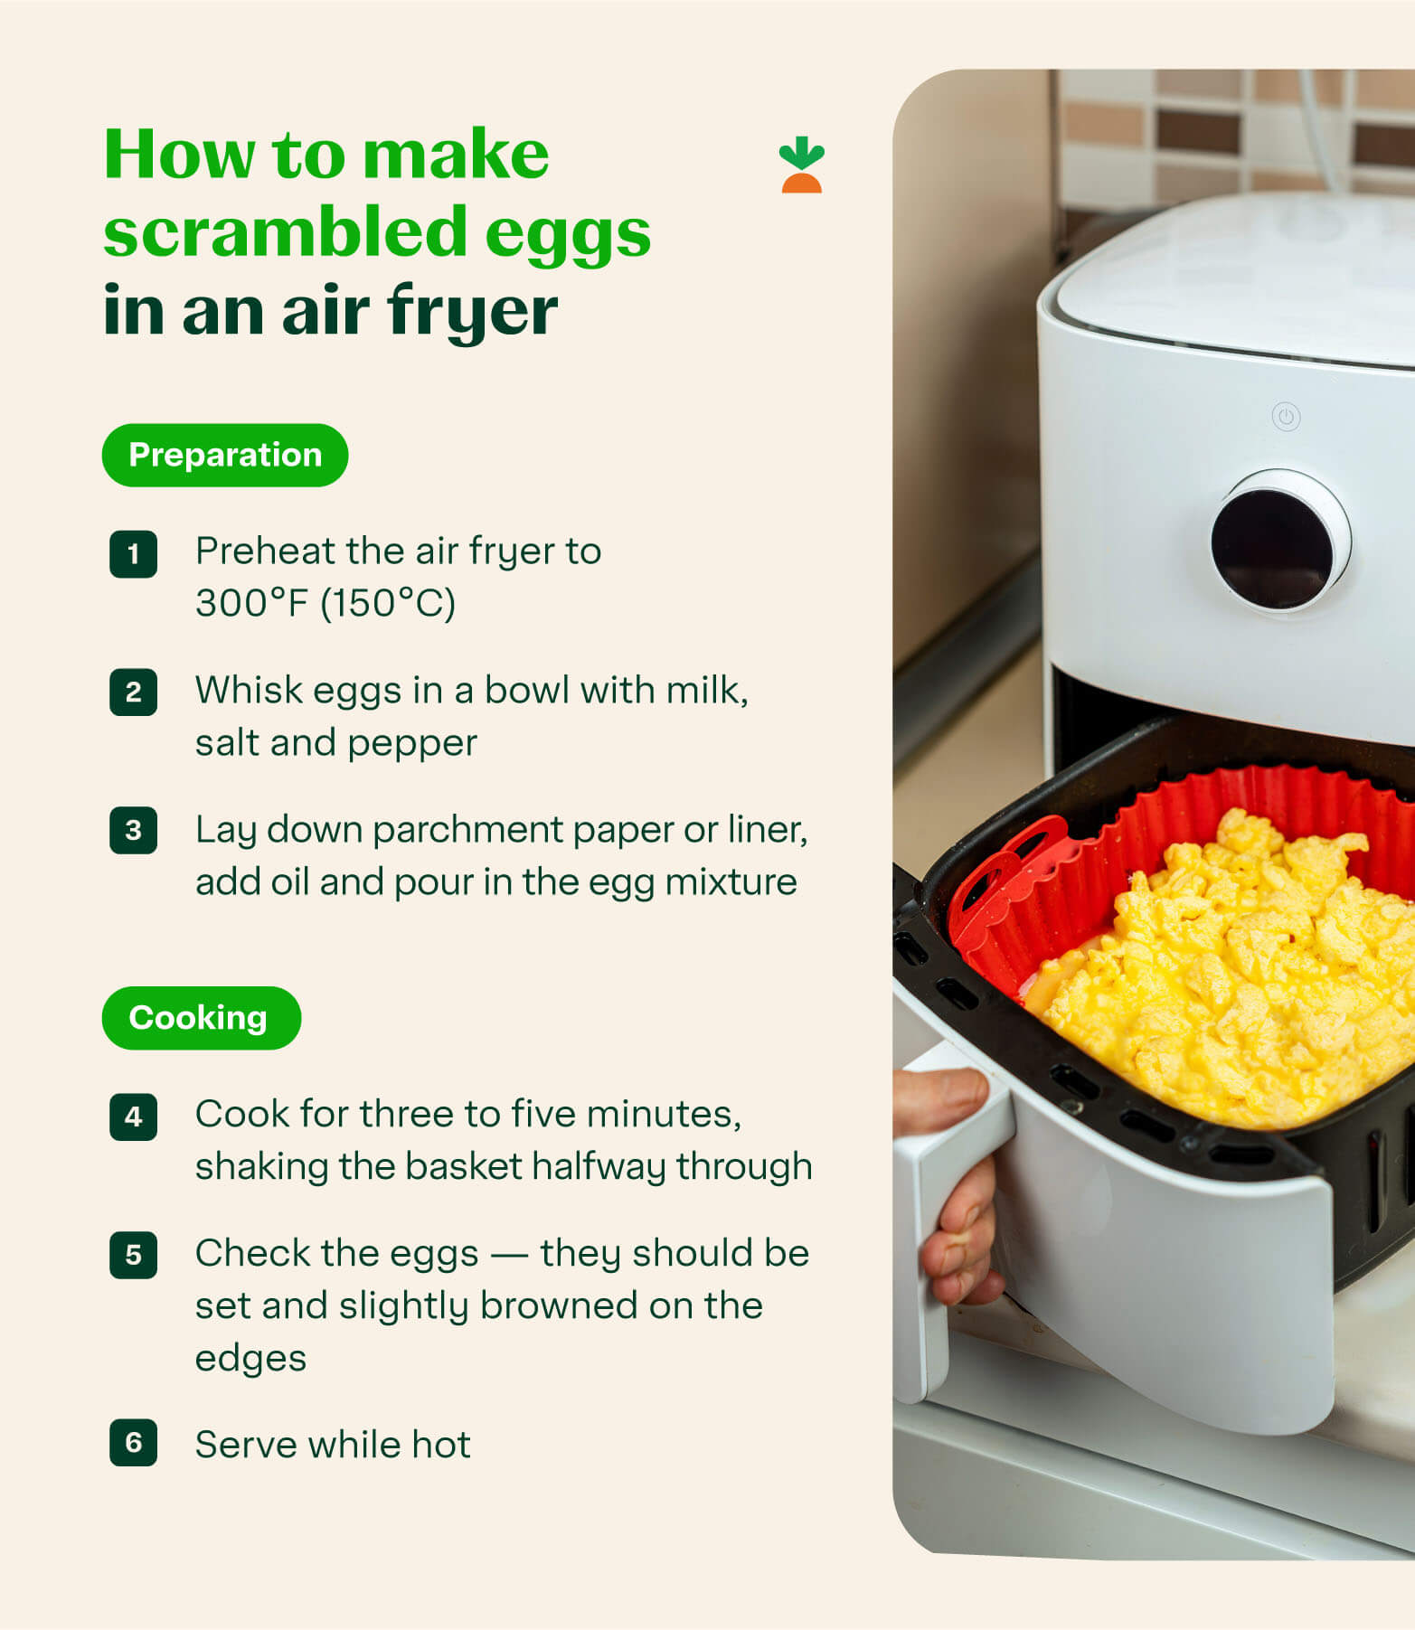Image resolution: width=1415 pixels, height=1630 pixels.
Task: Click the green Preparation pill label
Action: [x=224, y=455]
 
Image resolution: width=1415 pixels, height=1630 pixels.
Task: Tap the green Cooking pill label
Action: [x=201, y=1018]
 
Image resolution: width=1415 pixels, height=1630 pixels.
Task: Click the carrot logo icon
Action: [x=801, y=165]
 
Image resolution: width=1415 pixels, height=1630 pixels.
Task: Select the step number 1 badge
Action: [x=133, y=554]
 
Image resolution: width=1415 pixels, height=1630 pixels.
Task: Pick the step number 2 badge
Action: [x=133, y=693]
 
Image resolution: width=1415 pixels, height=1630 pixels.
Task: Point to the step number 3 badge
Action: [x=133, y=831]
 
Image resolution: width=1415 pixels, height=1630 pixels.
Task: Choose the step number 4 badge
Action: [x=133, y=1117]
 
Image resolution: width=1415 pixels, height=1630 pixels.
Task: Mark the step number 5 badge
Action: [x=133, y=1255]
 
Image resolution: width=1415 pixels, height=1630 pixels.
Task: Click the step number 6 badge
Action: [x=133, y=1442]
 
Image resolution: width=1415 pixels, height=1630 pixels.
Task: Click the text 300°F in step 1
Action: [x=252, y=603]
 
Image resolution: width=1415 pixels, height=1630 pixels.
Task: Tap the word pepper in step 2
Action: [x=411, y=743]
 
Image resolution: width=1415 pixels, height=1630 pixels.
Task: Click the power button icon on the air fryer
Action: [x=1286, y=417]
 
